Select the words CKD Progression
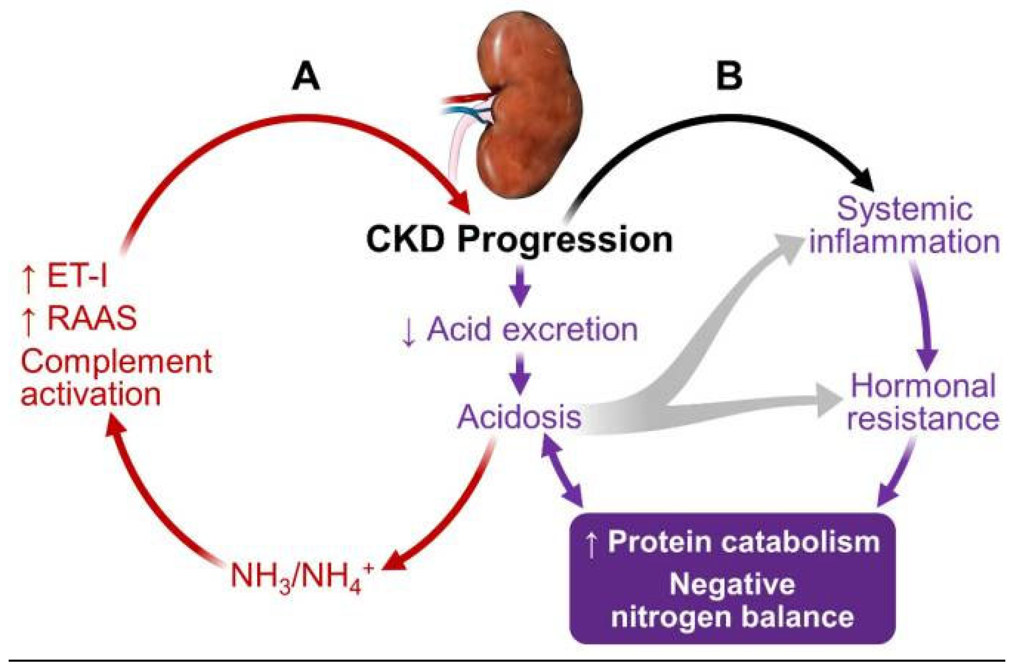point(519,240)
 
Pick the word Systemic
point(904,209)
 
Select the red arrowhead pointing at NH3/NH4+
point(393,562)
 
